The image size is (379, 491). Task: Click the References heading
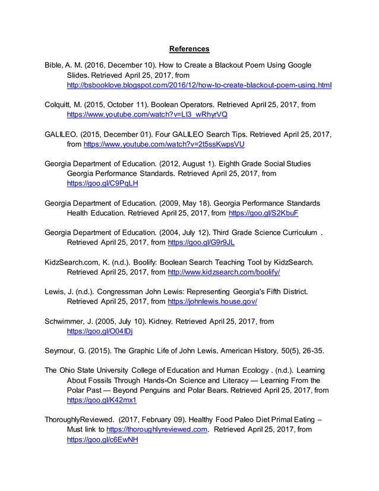click(x=190, y=48)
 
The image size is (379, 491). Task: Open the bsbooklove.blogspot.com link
click(x=199, y=86)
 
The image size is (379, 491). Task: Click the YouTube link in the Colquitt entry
click(x=147, y=114)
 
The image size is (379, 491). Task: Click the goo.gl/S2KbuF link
click(x=263, y=213)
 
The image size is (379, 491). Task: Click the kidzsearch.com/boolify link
click(x=224, y=272)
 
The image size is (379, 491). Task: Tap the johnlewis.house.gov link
click(x=213, y=302)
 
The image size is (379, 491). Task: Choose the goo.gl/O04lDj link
click(x=100, y=331)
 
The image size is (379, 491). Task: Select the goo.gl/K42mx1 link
click(x=102, y=400)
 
